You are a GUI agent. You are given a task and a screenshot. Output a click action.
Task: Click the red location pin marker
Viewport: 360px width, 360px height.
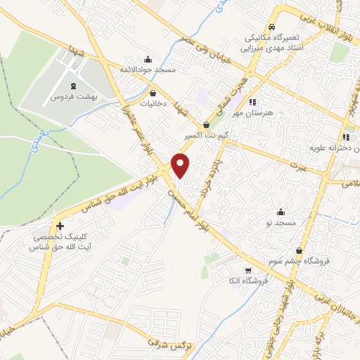coord(181,165)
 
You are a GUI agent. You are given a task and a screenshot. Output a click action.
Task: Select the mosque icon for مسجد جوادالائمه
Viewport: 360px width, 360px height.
coord(147,60)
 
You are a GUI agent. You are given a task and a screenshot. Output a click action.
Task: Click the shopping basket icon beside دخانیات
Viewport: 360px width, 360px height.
coord(153,92)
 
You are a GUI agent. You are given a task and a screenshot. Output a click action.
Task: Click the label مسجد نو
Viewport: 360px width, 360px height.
coord(281,223)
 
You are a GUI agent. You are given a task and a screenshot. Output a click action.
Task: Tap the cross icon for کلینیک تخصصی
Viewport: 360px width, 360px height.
coord(60,227)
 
